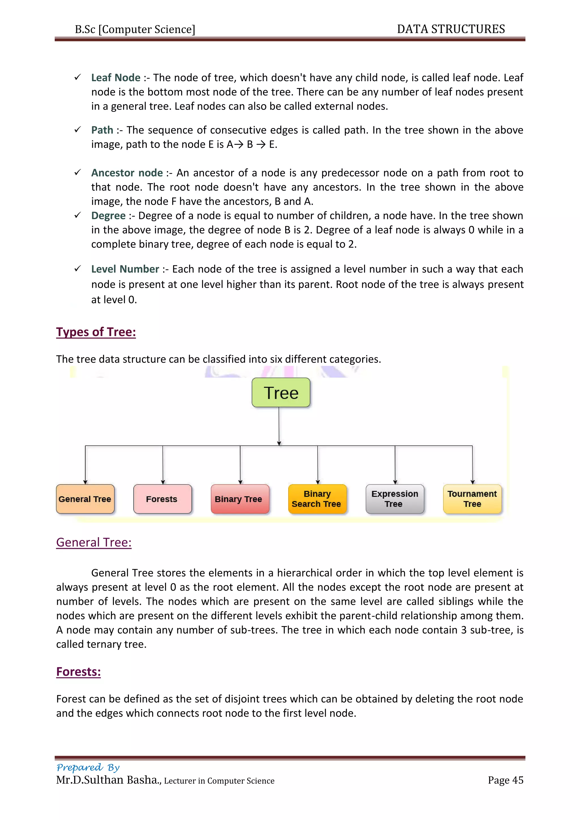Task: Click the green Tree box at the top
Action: (281, 392)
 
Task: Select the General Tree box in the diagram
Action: (85, 499)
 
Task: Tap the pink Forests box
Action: (162, 499)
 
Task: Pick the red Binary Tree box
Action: (240, 499)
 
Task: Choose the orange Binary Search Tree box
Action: (317, 499)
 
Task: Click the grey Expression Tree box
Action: (395, 499)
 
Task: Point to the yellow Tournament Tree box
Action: (472, 499)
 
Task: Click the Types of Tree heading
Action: (96, 332)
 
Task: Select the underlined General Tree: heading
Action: (94, 543)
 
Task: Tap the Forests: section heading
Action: (78, 672)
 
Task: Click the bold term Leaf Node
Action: (116, 78)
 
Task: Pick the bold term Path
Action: (102, 130)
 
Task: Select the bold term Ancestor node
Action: (127, 173)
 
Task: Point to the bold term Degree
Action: (108, 216)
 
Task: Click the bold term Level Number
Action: (125, 269)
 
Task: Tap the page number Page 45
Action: (505, 780)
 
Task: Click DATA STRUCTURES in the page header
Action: (451, 29)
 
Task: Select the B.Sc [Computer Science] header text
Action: (135, 29)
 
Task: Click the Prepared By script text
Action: (88, 767)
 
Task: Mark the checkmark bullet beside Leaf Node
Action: (78, 77)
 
